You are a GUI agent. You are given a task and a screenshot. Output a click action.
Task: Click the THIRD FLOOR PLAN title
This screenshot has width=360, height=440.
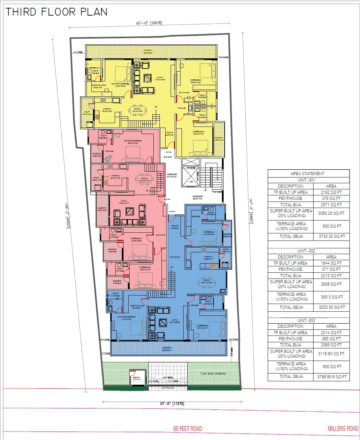[x=56, y=12]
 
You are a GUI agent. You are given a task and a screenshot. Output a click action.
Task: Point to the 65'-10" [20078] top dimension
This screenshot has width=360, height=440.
[x=149, y=23]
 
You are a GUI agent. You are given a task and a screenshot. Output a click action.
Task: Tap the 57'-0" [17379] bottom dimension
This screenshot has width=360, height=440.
[x=172, y=404]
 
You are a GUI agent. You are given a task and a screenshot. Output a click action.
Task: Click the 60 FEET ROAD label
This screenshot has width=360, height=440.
[x=187, y=428]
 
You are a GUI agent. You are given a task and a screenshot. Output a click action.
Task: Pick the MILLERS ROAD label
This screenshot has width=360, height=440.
[x=343, y=428]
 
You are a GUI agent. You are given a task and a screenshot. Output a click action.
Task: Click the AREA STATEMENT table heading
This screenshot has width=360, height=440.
[x=307, y=173]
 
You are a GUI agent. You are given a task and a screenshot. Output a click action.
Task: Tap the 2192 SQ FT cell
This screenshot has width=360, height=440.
[x=331, y=192]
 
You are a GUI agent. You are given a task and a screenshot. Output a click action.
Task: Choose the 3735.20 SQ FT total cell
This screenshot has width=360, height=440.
[x=331, y=236]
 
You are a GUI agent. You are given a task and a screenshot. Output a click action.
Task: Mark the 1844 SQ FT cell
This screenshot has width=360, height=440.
[x=331, y=263]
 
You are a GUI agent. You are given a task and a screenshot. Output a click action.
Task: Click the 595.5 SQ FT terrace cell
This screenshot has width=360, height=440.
[x=331, y=297]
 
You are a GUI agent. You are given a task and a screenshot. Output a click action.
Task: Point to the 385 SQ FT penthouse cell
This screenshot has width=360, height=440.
[x=331, y=339]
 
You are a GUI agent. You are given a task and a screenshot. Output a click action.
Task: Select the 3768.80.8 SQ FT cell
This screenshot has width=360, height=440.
[x=331, y=377]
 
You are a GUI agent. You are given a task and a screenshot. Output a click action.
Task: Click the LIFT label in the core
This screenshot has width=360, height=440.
[x=191, y=181]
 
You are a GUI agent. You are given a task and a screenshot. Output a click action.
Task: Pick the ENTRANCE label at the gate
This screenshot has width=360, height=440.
[x=168, y=388]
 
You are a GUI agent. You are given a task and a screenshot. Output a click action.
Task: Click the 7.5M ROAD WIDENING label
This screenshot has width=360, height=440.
[x=213, y=374]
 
